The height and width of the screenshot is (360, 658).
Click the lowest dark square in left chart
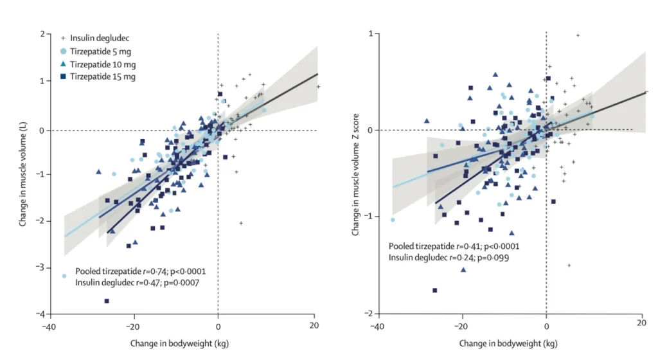click(x=107, y=301)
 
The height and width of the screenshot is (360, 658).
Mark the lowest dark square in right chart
click(x=435, y=290)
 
